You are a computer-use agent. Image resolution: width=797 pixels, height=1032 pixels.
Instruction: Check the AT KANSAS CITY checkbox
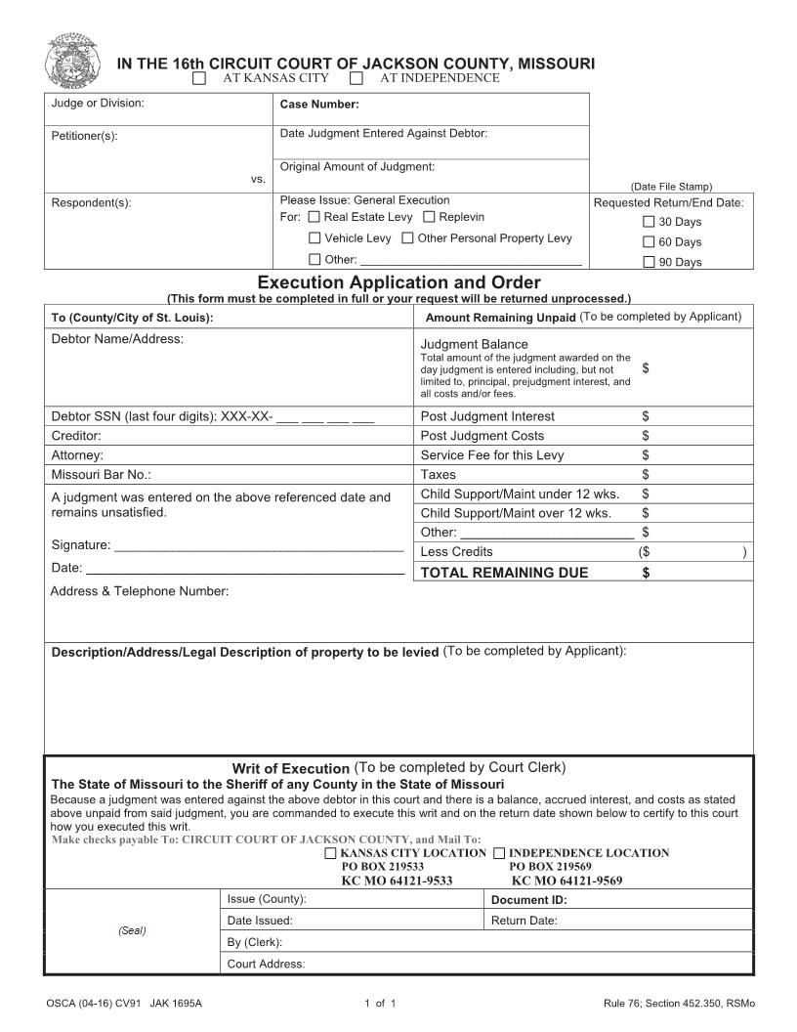(199, 78)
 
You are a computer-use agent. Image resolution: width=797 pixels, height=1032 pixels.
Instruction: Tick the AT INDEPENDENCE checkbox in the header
(357, 78)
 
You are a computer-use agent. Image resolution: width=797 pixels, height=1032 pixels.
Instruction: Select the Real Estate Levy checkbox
(314, 217)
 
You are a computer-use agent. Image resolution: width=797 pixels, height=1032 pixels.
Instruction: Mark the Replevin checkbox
(429, 217)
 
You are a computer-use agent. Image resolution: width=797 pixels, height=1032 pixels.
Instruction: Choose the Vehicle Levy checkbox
(314, 238)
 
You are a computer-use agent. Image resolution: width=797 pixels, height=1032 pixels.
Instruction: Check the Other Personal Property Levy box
(407, 238)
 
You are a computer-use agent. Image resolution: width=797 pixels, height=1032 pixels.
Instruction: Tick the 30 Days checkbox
(649, 222)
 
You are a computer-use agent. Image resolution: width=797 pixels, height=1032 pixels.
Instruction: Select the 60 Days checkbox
(649, 242)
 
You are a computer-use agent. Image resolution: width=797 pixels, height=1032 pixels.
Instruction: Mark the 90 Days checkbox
(649, 262)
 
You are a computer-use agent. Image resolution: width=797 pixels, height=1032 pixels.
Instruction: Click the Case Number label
(319, 105)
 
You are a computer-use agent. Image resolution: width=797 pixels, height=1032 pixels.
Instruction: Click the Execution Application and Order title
(398, 283)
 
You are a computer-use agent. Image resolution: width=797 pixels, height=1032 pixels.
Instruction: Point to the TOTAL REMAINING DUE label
(504, 573)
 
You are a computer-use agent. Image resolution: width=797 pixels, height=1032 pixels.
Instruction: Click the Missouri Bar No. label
(101, 475)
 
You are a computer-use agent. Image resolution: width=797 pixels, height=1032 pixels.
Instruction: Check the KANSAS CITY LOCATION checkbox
(330, 853)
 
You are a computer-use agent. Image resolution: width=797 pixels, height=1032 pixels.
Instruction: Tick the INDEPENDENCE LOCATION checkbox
(499, 853)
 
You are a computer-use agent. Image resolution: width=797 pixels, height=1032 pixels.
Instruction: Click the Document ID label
(528, 900)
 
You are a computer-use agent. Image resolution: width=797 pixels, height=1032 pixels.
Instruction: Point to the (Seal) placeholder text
(132, 930)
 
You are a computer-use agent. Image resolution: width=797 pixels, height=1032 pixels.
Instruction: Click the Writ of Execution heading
(290, 769)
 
